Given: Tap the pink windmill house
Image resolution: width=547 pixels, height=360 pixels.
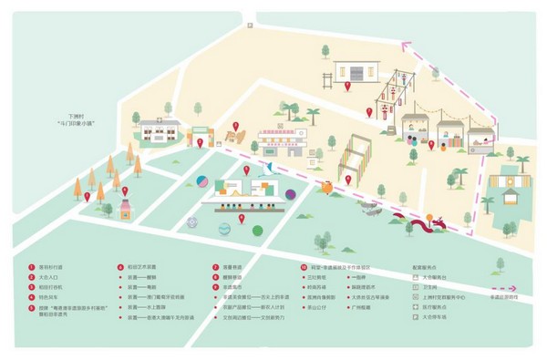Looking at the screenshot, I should (125, 209).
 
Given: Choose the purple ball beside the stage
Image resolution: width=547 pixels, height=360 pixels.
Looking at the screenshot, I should (290, 193).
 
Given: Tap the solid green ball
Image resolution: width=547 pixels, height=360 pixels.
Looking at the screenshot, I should (257, 231).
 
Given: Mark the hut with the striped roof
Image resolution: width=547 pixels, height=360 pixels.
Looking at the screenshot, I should (508, 186).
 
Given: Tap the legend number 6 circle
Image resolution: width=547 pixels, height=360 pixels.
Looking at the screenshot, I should (119, 266).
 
